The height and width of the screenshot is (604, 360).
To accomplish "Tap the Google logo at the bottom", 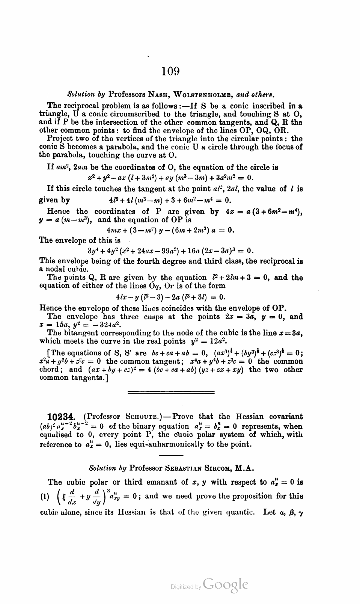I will [225, 585].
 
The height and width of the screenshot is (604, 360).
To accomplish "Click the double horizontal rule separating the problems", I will [171, 393].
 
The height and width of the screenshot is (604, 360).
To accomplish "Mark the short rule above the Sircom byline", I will [171, 456].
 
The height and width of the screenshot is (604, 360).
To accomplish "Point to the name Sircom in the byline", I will [218, 468].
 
